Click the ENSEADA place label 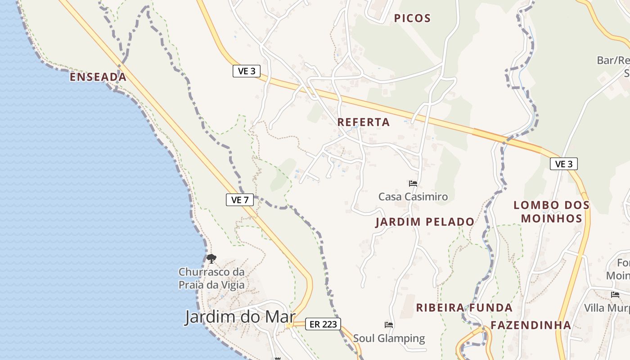98,77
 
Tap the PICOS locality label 412,18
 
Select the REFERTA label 363,122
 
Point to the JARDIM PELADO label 425,222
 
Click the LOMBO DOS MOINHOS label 551,211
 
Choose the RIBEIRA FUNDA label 464,308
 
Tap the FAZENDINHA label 531,325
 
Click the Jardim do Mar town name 239,317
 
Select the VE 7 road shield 239,200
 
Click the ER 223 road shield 323,324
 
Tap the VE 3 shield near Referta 247,71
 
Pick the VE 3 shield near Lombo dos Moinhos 563,164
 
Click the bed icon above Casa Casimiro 413,184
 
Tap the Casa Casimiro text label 413,197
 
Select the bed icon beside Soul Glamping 389,324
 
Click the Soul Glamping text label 389,338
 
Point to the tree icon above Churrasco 211,258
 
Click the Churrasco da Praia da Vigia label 211,278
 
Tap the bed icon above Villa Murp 615,295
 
